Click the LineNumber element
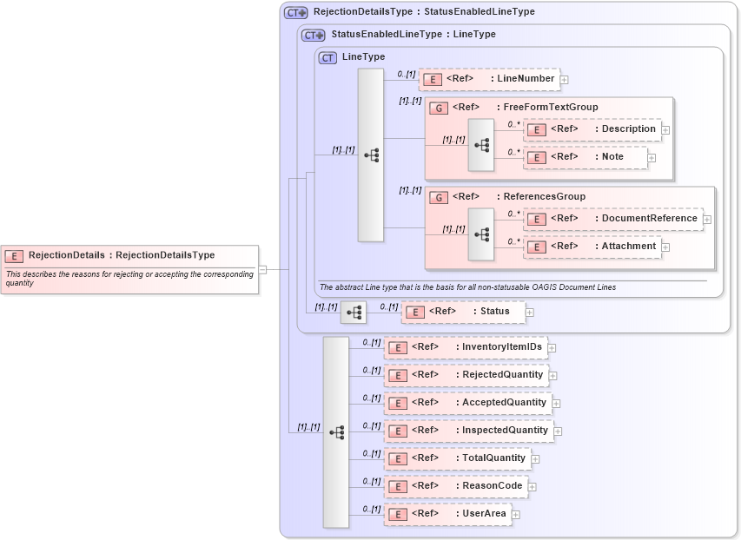(489, 79)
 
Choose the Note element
(586, 157)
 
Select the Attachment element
(592, 247)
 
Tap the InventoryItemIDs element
(466, 347)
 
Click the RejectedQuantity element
(466, 375)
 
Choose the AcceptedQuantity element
(468, 403)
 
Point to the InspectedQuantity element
(469, 431)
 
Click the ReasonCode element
(456, 486)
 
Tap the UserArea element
(447, 514)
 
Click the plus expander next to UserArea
(516, 515)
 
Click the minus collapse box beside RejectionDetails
(262, 269)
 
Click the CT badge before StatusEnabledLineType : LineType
(313, 35)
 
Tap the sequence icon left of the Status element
(353, 312)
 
